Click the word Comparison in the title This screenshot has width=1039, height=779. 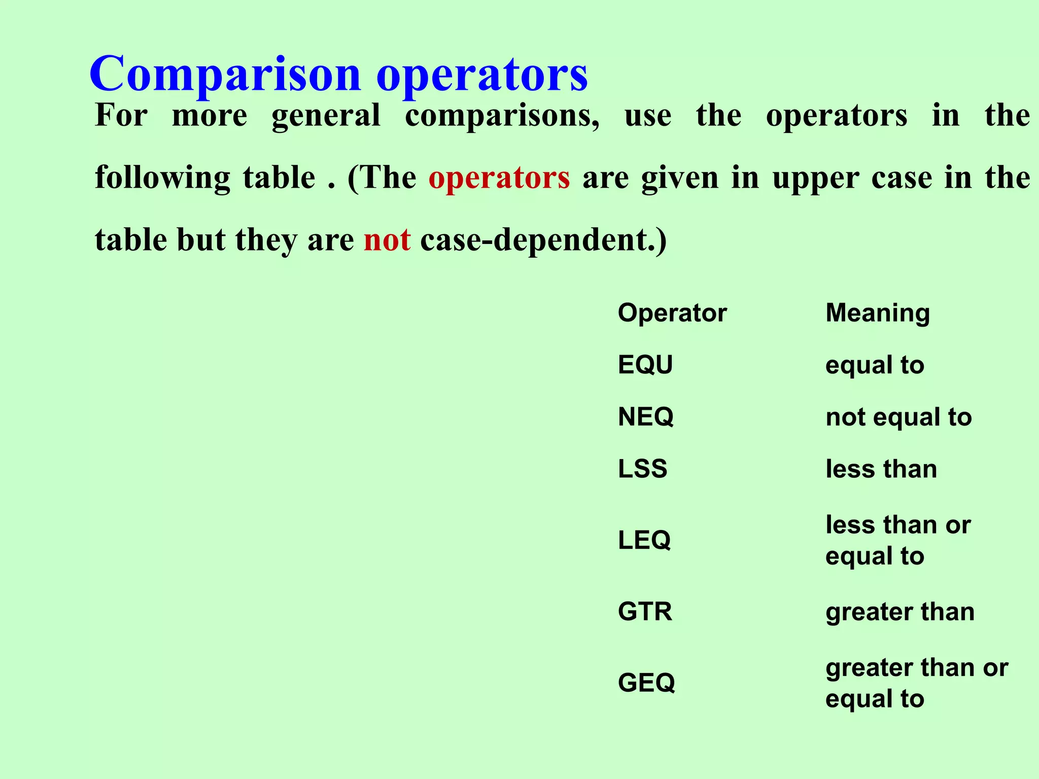tap(225, 75)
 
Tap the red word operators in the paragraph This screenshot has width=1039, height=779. tap(499, 178)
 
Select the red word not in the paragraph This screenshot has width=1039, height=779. tap(387, 240)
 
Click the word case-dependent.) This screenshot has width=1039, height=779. tap(543, 240)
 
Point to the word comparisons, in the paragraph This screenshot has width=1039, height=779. tap(502, 116)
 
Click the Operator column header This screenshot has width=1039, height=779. tap(672, 313)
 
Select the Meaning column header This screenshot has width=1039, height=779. tap(878, 313)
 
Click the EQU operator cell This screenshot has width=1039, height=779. tap(645, 365)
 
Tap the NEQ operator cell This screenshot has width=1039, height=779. tap(646, 417)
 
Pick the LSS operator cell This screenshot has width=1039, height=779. tap(642, 469)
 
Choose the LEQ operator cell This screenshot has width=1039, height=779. tap(644, 540)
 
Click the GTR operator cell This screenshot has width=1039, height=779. tap(645, 612)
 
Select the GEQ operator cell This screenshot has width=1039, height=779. tap(646, 683)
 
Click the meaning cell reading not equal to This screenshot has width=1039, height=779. tap(898, 417)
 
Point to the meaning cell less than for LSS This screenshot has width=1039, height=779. tap(881, 469)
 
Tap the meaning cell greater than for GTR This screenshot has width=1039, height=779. tap(900, 612)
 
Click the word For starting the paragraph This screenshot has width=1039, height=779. tap(121, 116)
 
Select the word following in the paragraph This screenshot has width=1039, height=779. tap(162, 178)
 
